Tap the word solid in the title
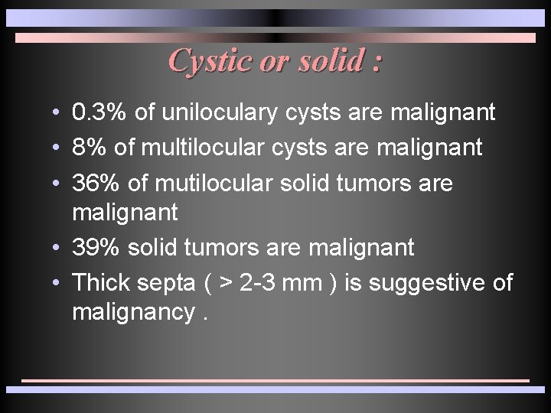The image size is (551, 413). (x=328, y=60)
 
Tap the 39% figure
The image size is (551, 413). (x=94, y=248)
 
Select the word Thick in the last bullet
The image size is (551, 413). (x=101, y=283)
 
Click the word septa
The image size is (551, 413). (x=166, y=284)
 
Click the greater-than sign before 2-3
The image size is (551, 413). (x=226, y=284)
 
